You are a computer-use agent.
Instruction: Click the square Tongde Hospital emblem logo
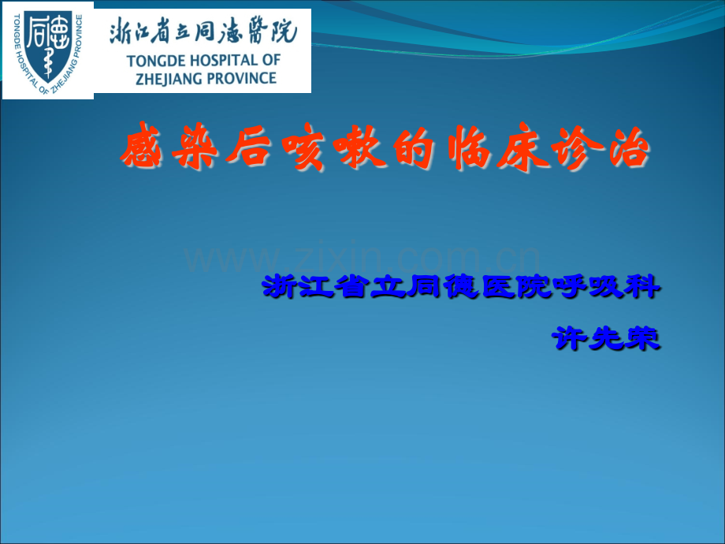(47, 50)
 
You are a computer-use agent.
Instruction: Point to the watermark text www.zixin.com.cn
(362, 258)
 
